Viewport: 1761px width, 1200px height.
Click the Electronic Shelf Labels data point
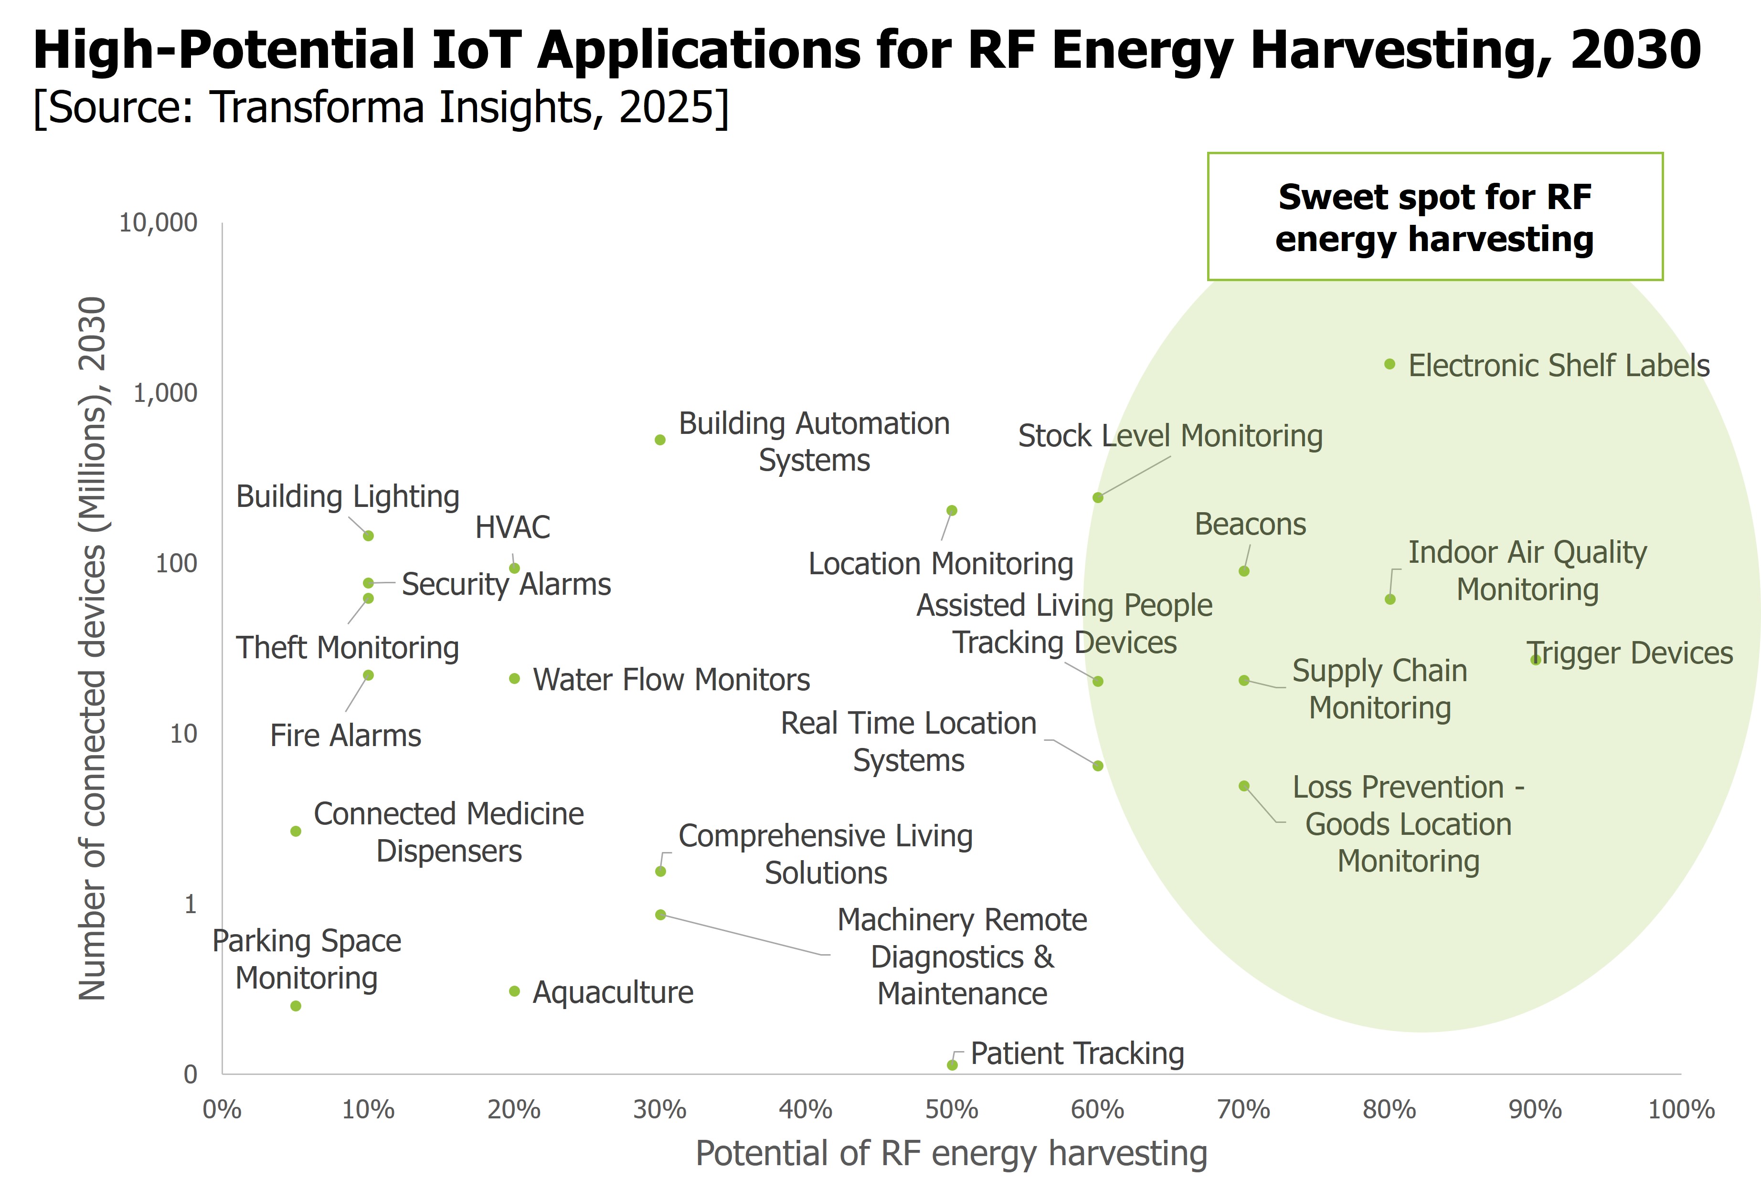pos(1390,364)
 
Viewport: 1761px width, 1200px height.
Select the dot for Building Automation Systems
pos(660,440)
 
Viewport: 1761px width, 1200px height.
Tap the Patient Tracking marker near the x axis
pos(953,1065)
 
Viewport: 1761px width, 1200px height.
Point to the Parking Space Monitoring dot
pos(296,1006)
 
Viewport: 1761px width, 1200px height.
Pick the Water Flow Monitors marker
pos(515,679)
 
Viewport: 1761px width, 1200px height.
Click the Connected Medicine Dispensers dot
pos(296,831)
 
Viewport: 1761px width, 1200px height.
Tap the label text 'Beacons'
pos(1250,524)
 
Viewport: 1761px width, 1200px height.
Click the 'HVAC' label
pos(512,527)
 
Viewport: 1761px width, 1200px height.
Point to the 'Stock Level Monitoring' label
pos(1170,436)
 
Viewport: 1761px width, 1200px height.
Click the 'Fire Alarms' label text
pos(346,736)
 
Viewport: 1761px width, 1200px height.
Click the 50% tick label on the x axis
pos(952,1110)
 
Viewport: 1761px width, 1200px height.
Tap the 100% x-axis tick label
pos(1681,1110)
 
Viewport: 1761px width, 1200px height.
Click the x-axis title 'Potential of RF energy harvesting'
pos(951,1154)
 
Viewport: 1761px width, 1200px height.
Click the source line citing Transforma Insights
pos(381,107)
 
